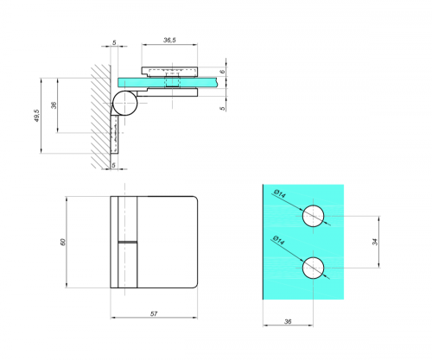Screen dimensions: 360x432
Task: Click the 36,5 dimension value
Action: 170,40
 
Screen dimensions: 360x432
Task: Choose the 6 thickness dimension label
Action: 222,73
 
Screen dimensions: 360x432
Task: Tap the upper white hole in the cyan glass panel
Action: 313,217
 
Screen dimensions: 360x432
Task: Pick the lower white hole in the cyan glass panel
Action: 313,268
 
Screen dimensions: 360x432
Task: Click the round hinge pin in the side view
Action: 124,103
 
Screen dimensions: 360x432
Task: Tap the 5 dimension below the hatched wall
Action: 113,163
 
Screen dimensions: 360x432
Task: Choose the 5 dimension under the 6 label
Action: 222,108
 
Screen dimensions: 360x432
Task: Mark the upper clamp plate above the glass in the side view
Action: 172,71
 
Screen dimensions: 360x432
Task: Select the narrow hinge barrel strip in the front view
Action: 128,242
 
